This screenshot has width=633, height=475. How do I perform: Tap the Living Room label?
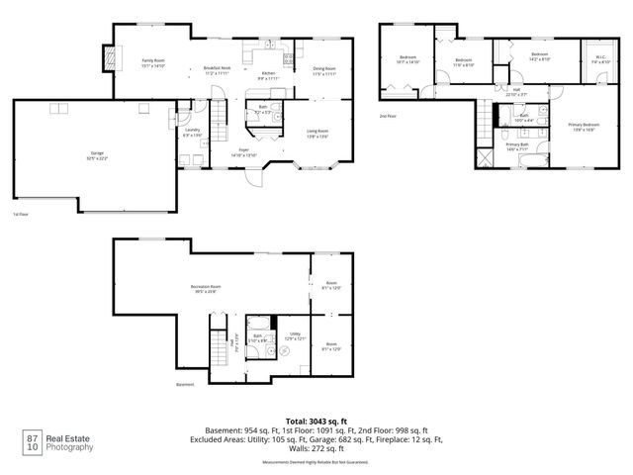[x=317, y=134]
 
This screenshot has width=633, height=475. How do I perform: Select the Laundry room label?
[x=193, y=133]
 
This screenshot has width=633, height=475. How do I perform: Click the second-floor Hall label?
[x=516, y=92]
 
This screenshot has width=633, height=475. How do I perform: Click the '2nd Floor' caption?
[x=388, y=116]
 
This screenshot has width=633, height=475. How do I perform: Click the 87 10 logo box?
[x=33, y=442]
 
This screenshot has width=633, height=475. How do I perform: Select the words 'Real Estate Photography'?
[x=74, y=442]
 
